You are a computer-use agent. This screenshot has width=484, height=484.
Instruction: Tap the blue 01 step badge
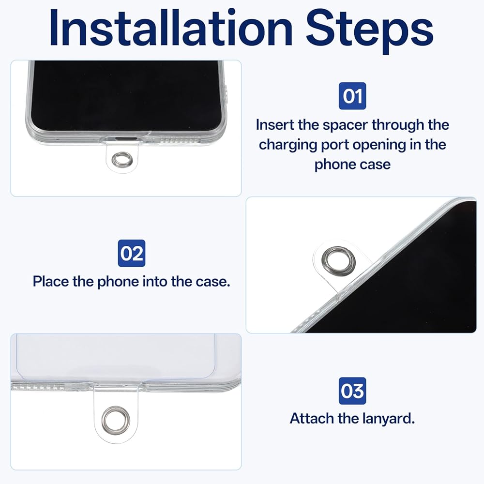tap(352, 96)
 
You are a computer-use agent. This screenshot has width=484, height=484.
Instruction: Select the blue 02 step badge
tap(132, 253)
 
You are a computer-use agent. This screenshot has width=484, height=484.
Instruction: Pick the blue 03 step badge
tap(352, 391)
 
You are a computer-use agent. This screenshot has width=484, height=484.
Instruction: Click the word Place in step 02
tap(51, 282)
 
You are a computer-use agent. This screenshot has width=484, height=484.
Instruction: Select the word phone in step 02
tap(118, 282)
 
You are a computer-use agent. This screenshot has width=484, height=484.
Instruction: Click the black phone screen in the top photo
tap(126, 95)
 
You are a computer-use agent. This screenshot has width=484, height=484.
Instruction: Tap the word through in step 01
tap(398, 126)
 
